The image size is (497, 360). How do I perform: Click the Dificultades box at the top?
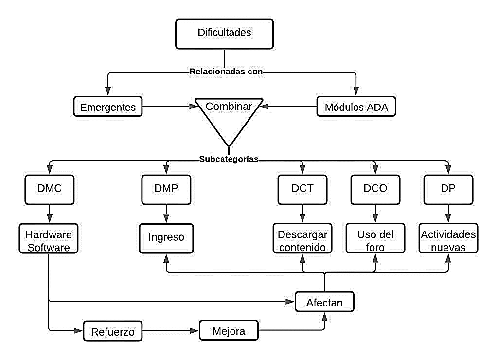[224, 33]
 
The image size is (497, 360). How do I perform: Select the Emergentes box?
[107, 107]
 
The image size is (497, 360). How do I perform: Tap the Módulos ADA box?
[356, 107]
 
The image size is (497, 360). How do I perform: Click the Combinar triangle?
[229, 114]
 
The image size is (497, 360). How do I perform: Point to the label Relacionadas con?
[226, 72]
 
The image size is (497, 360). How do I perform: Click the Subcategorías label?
[228, 159]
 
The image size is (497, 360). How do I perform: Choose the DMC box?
[50, 189]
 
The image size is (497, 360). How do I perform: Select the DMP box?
[166, 189]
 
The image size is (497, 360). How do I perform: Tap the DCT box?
[302, 189]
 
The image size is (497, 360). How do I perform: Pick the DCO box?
[375, 189]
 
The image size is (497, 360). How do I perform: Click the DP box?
[448, 189]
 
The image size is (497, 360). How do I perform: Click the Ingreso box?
[166, 238]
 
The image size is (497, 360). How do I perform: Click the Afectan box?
[324, 303]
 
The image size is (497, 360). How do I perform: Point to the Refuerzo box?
[113, 332]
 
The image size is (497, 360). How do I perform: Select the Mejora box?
[229, 331]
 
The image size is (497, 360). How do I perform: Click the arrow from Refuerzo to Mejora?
[171, 332]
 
